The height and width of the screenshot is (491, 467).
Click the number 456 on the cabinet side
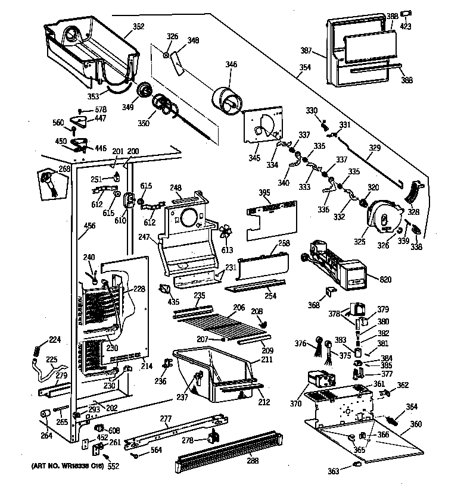coord(90,226)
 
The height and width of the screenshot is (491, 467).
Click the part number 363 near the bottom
coord(334,471)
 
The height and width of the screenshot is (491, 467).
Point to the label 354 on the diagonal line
coord(304,68)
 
